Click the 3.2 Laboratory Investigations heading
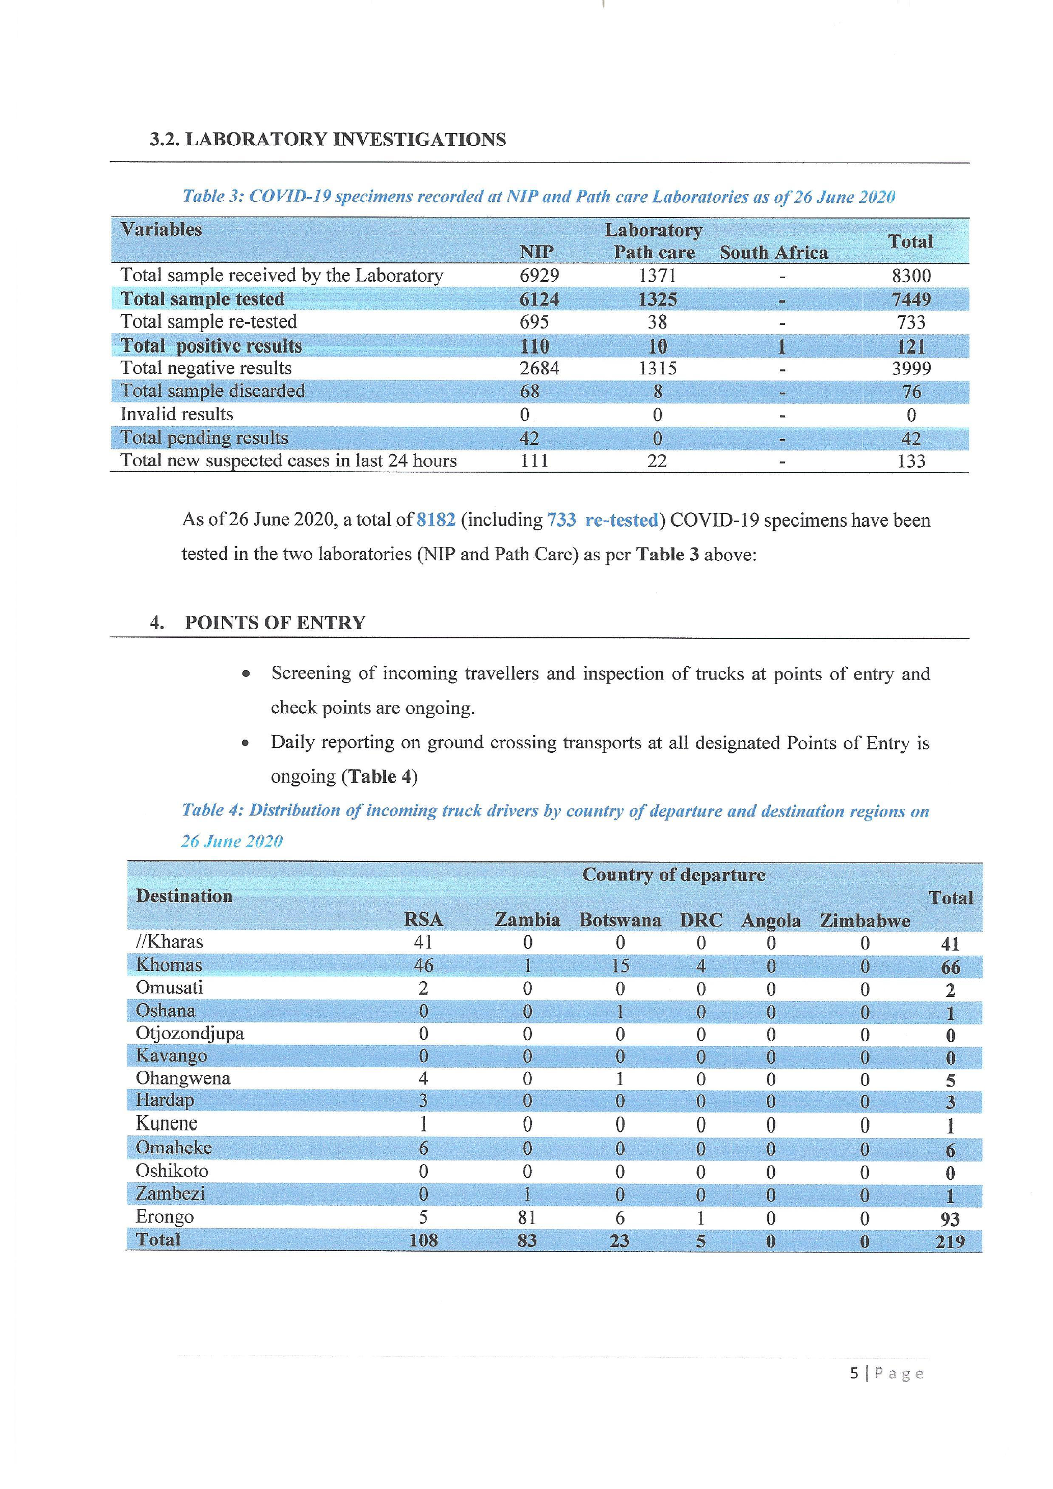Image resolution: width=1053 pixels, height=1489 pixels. [328, 140]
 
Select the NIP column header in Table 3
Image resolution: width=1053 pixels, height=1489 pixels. [536, 252]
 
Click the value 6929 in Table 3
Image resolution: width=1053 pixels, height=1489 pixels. [539, 276]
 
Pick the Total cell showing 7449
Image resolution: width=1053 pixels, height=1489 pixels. [911, 300]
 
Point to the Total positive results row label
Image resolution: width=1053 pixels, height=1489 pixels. [211, 346]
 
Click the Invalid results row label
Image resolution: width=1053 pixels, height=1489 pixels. [176, 415]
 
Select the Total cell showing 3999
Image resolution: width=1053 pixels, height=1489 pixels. [911, 368]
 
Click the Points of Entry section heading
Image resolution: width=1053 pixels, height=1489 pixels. [275, 622]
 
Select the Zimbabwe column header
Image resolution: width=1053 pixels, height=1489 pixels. [865, 921]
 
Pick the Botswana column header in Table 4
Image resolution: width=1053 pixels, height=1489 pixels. [620, 921]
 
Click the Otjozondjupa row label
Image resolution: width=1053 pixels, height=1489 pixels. [190, 1033]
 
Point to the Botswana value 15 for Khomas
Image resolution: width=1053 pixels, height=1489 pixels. [620, 966]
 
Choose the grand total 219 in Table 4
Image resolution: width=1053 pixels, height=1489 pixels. [950, 1241]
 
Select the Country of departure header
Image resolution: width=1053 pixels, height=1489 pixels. [673, 875]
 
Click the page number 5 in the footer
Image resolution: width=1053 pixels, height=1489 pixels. [854, 1373]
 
